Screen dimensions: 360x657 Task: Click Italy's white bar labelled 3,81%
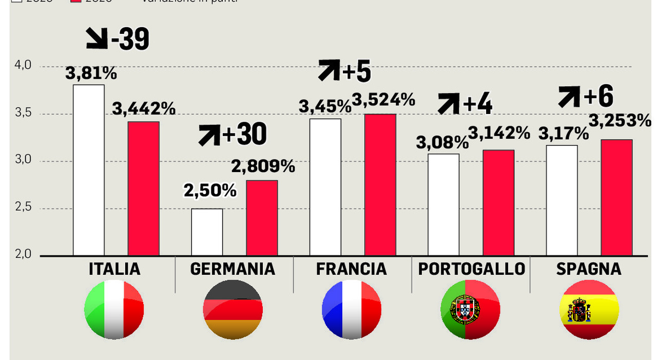tap(89, 170)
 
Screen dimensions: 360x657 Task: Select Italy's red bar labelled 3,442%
tap(143, 188)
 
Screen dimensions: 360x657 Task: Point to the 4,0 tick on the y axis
tap(23, 66)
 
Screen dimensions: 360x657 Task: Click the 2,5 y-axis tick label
tap(23, 207)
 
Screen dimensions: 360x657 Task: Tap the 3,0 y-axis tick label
tap(23, 160)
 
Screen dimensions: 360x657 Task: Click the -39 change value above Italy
tap(130, 39)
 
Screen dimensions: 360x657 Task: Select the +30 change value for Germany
tap(244, 135)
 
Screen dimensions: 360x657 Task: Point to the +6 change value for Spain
tap(598, 97)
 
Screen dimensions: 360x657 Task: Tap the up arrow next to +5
tap(328, 70)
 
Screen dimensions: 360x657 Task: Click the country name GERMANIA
tap(233, 269)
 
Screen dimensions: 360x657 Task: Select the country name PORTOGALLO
tap(471, 269)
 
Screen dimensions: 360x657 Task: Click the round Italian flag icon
tap(114, 310)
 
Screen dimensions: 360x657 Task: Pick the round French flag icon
tap(352, 310)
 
